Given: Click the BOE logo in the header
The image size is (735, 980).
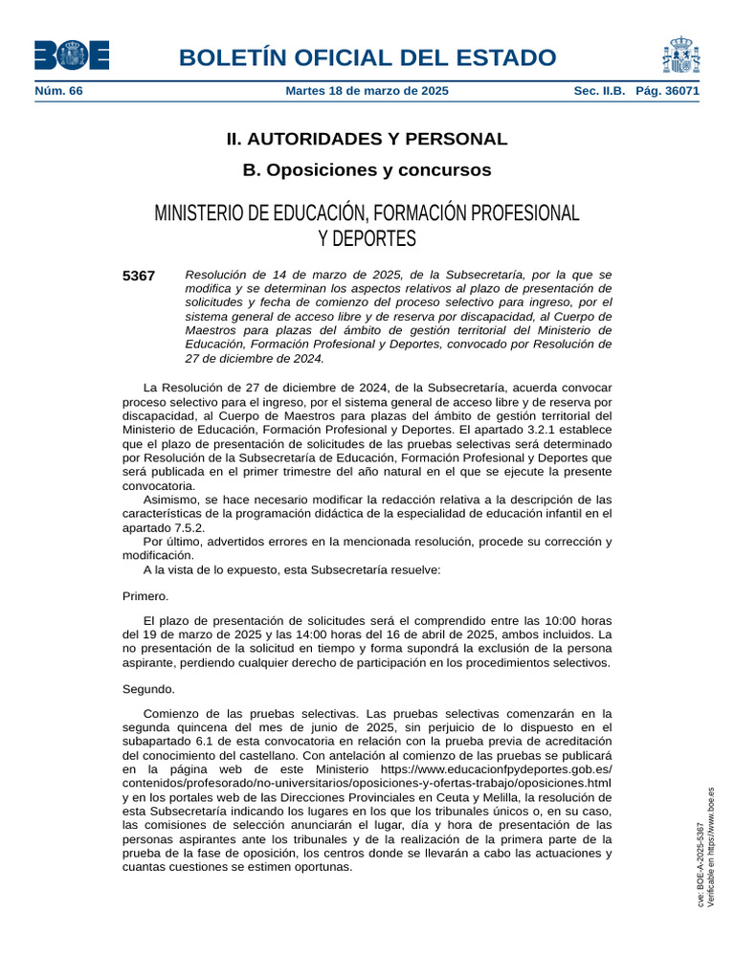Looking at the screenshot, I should coord(71,56).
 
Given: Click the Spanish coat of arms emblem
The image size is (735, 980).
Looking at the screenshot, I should coord(680,56).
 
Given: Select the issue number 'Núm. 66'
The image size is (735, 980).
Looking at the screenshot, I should coord(58,91).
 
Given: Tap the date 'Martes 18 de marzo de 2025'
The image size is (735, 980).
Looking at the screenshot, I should coord(367,91).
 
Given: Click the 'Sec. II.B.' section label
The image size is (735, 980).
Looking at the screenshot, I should coord(599,91).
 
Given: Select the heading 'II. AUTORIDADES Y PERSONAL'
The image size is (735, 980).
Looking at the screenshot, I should coord(367,139).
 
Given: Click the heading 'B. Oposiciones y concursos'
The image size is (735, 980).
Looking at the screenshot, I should coord(367,170).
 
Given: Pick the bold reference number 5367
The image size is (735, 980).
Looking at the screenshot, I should coord(139,276).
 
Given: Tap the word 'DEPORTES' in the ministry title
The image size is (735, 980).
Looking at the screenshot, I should coord(367,237).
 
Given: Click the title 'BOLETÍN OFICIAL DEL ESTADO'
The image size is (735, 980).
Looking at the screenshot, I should coord(367,57).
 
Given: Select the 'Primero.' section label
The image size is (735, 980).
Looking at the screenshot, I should coord(145,596).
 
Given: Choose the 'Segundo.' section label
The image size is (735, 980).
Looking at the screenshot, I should coord(148,689).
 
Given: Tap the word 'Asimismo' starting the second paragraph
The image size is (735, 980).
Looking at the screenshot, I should coord(169,500).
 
